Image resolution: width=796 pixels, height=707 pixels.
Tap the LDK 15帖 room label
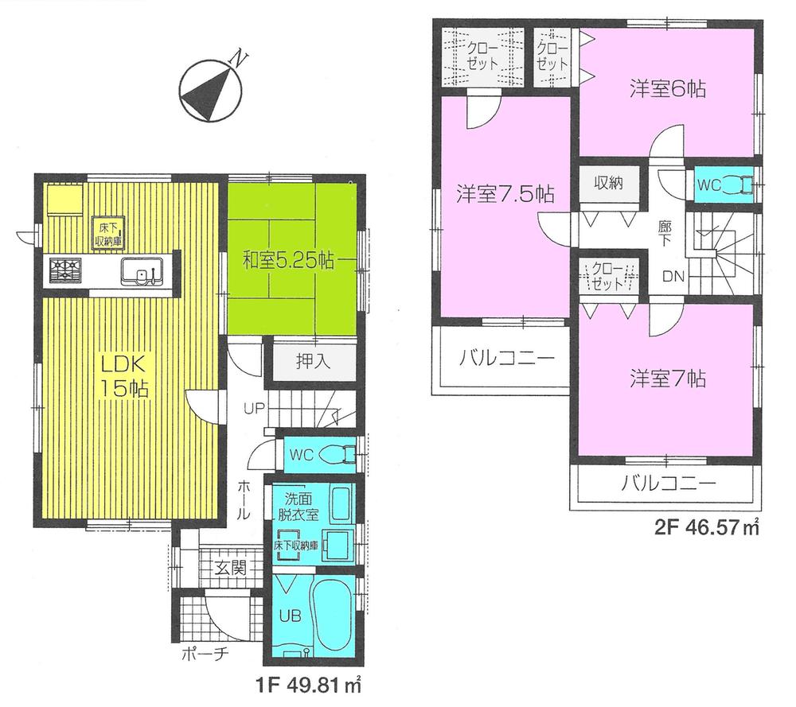(x=121, y=378)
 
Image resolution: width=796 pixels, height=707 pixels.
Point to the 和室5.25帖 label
(x=288, y=258)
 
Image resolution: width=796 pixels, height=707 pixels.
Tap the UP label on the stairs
(x=255, y=409)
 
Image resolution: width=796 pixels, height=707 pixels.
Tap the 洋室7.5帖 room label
(x=505, y=195)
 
